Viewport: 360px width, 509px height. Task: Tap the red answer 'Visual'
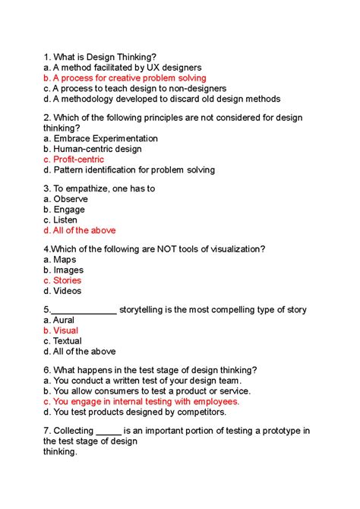pyautogui.click(x=65, y=330)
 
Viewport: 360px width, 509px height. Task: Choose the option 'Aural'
pyautogui.click(x=64, y=321)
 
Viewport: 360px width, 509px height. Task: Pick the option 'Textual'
pyautogui.click(x=68, y=341)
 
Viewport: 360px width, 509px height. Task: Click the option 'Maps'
pyautogui.click(x=65, y=260)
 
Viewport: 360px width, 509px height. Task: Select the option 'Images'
pyautogui.click(x=68, y=270)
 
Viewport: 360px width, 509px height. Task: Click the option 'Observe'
pyautogui.click(x=71, y=199)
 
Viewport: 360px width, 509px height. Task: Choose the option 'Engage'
pyautogui.click(x=69, y=210)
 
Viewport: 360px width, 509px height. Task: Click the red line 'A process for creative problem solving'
pyautogui.click(x=129, y=78)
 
